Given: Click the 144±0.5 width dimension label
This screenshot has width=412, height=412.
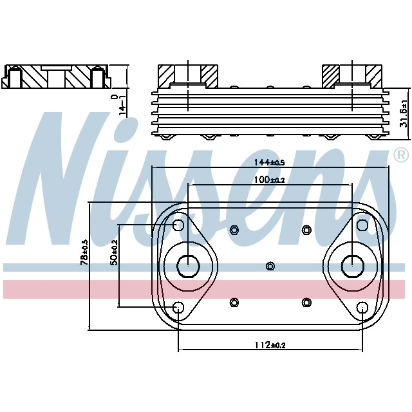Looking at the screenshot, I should click(270, 164).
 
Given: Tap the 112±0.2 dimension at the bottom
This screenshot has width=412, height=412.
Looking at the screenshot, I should click(270, 345).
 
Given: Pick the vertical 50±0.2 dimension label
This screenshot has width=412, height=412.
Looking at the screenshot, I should click(113, 253).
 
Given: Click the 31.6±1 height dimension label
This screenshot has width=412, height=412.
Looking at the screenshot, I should click(404, 113).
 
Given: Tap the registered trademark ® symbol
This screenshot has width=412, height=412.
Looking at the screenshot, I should click(400, 155).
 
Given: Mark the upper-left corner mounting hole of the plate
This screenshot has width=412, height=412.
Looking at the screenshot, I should click(179, 225).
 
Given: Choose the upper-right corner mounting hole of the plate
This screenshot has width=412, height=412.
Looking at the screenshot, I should click(362, 225).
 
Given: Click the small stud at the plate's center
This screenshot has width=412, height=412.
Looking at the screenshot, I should click(270, 266).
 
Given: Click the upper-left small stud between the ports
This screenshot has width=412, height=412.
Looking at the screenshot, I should click(234, 229).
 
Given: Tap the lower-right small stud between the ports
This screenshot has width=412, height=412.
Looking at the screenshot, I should click(306, 302).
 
